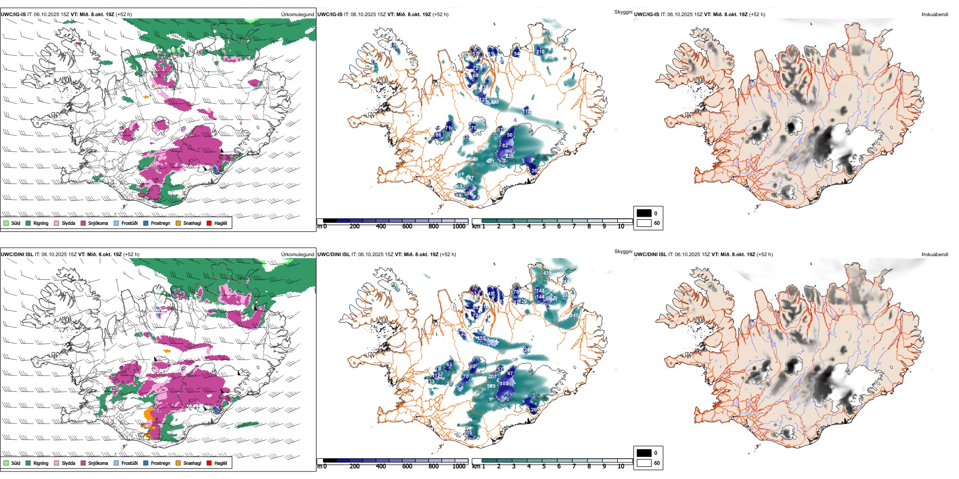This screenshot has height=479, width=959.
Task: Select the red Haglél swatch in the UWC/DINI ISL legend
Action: (x=209, y=463)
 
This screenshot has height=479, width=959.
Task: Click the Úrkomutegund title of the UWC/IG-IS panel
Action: (x=297, y=15)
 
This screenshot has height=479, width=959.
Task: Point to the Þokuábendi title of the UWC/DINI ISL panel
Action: (x=935, y=255)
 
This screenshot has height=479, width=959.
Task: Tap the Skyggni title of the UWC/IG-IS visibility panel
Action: (x=623, y=12)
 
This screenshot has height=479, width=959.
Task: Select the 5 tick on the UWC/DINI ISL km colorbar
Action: (x=544, y=466)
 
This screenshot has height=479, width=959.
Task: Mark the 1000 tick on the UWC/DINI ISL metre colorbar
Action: (x=459, y=466)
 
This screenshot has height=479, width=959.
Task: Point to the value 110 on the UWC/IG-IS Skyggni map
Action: (x=541, y=51)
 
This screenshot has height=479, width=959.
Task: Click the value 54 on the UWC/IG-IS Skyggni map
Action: (x=516, y=53)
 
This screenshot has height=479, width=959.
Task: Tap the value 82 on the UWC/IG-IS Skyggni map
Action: (x=505, y=146)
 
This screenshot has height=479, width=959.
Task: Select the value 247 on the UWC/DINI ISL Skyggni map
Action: (x=574, y=316)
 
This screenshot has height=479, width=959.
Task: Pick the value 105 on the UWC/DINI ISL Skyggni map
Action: (x=468, y=433)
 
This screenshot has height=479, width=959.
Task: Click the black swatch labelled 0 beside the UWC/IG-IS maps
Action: (x=644, y=213)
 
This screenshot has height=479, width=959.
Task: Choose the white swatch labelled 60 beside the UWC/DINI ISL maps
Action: (x=644, y=463)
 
